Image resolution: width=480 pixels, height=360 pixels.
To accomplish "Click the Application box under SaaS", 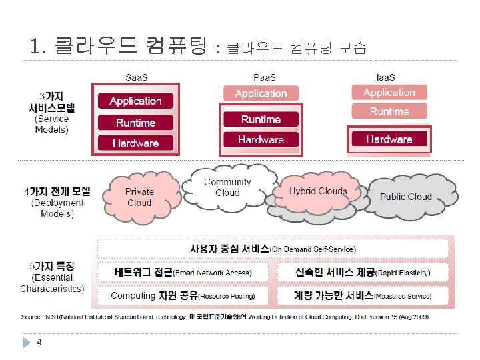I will tap(135, 101).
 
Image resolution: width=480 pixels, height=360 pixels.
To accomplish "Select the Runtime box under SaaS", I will tap(135, 123).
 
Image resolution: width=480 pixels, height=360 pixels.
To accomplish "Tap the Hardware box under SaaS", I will tap(135, 143).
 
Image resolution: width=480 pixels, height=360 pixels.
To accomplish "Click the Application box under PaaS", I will tap(261, 94).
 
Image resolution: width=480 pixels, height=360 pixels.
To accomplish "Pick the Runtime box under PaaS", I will tap(261, 119).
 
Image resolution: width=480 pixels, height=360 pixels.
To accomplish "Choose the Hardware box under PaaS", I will tap(261, 139).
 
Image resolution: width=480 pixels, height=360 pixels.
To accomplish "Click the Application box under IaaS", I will tap(389, 93).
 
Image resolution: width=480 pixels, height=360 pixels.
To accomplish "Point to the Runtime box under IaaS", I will tap(389, 111).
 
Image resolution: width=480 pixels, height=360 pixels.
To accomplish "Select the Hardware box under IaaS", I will tap(389, 139).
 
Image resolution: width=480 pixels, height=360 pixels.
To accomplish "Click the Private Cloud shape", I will tap(139, 197).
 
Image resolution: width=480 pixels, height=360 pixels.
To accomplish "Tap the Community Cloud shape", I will tap(227, 187).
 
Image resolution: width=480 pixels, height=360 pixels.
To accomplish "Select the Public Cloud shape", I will tap(405, 197).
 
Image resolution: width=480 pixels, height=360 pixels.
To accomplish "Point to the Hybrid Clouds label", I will tap(318, 191).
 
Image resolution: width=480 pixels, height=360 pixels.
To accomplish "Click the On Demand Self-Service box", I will tap(273, 249).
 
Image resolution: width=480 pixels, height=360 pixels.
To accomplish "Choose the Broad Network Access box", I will tap(183, 273).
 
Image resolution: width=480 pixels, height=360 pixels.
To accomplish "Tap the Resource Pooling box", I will tap(183, 295).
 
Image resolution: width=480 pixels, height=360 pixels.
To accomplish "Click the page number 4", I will tap(39, 342).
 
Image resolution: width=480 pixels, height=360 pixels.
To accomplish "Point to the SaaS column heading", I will tap(137, 77).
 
